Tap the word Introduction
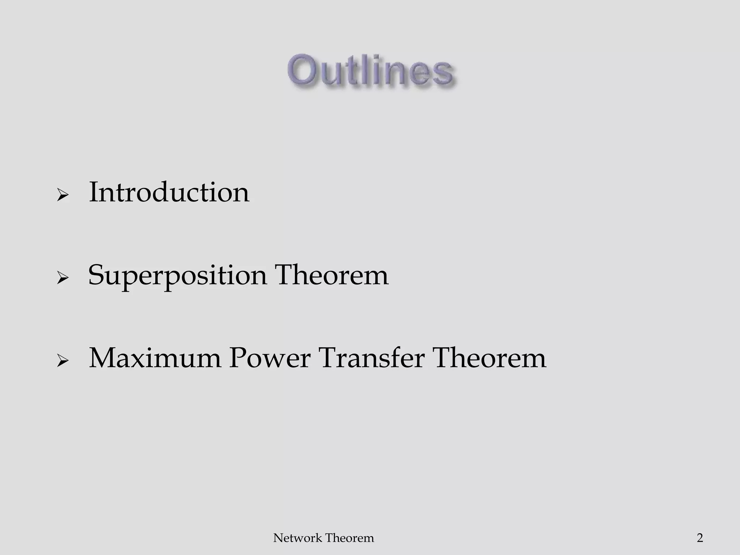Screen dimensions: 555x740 (169, 192)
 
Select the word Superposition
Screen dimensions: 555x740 (177, 276)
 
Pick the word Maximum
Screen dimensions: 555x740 (155, 358)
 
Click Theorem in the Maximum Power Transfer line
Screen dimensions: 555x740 (490, 358)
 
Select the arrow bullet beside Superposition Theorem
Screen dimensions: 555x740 (63, 279)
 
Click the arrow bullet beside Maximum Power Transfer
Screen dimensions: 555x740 (63, 362)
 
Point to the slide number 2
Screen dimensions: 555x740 (700, 538)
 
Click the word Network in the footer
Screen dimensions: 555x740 (292, 538)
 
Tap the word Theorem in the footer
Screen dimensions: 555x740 (349, 538)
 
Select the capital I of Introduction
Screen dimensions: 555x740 (93, 192)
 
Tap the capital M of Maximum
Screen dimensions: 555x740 (104, 358)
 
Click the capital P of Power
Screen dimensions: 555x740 (239, 358)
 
